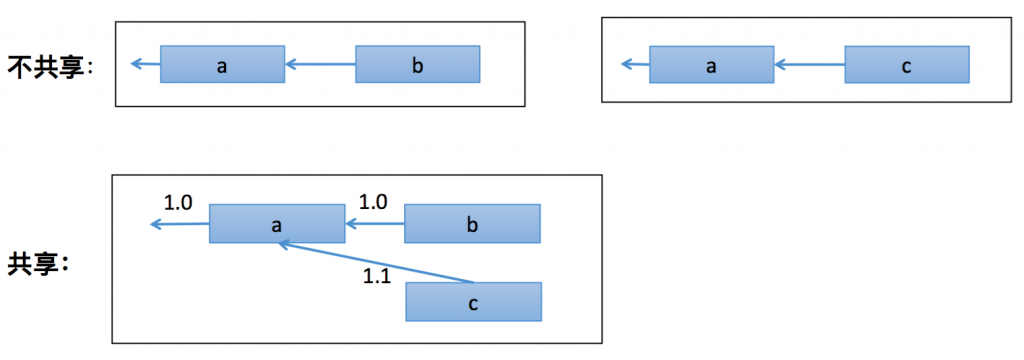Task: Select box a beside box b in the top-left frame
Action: (x=222, y=66)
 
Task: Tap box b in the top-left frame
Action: (x=418, y=66)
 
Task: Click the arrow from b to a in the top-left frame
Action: (x=320, y=66)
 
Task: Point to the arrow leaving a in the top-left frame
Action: (x=145, y=66)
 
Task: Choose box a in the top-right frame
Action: (x=711, y=66)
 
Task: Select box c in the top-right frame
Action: (x=906, y=66)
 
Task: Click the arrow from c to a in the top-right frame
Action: (x=809, y=66)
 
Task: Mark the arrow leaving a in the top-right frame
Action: (x=635, y=66)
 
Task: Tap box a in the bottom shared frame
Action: (x=276, y=224)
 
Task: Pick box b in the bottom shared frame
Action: (x=472, y=224)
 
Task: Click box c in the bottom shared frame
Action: (x=473, y=301)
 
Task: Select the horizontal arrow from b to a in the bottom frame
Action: (x=375, y=224)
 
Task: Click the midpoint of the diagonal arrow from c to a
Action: (x=376, y=262)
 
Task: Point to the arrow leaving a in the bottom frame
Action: (x=180, y=224)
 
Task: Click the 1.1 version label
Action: (x=376, y=275)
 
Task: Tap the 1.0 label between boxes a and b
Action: (x=372, y=201)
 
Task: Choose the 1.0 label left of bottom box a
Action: (x=177, y=202)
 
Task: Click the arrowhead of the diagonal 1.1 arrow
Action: (x=283, y=243)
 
